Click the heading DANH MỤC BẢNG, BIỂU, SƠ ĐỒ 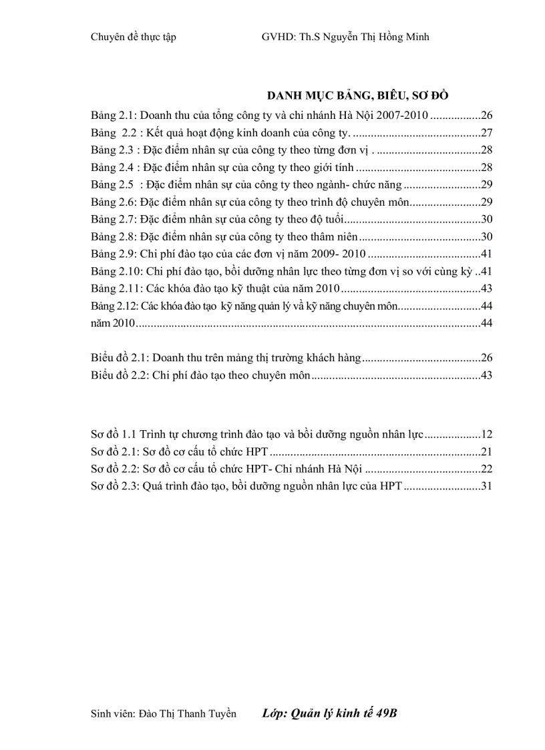point(361,95)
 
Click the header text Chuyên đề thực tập point(133,37)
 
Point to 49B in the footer point(387,713)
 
